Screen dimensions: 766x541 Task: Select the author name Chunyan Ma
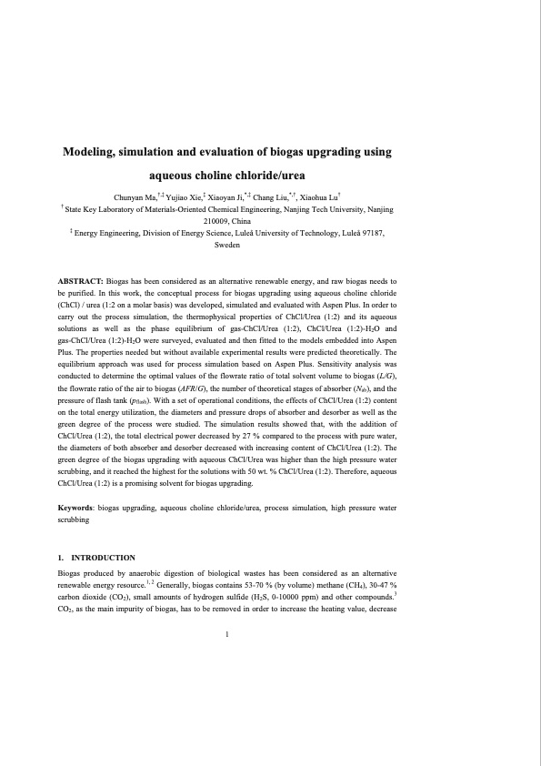[x=136, y=197]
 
